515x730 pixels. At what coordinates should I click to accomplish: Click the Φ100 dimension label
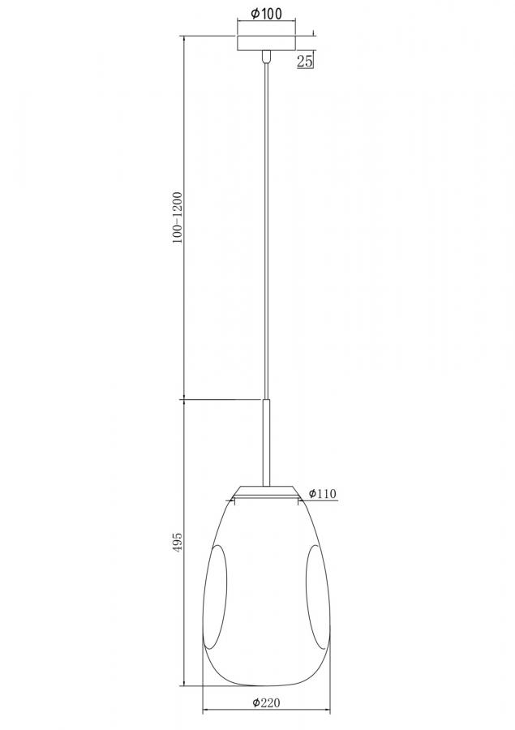pyautogui.click(x=266, y=14)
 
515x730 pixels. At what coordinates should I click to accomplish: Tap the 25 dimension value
pyautogui.click(x=304, y=61)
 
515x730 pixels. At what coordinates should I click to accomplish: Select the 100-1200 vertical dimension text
pyautogui.click(x=178, y=217)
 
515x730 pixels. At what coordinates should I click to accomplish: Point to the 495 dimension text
pyautogui.click(x=178, y=543)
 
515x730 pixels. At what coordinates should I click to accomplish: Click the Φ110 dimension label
pyautogui.click(x=322, y=493)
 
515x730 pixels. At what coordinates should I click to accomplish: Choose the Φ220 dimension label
pyautogui.click(x=266, y=702)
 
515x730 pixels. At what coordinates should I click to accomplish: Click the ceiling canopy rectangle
pyautogui.click(x=266, y=43)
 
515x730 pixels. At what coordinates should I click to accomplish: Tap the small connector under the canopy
pyautogui.click(x=266, y=57)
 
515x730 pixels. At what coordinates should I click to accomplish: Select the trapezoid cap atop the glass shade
pyautogui.click(x=266, y=492)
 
